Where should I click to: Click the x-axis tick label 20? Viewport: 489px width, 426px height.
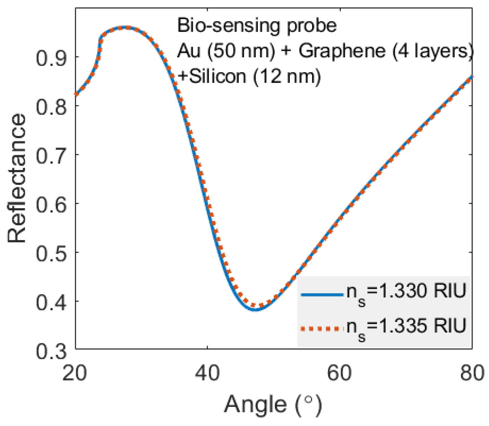75,373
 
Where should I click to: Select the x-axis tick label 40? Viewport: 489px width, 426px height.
207,373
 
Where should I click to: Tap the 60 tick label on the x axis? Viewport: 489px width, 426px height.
339,373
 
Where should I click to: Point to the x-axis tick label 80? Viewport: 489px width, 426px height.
472,373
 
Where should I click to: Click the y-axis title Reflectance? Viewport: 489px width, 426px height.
17,178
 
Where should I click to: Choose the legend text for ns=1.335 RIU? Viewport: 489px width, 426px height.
406,328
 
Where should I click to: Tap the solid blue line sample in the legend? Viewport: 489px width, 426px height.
322,294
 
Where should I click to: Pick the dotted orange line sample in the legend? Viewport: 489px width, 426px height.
322,328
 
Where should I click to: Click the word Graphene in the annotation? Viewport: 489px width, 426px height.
342,51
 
